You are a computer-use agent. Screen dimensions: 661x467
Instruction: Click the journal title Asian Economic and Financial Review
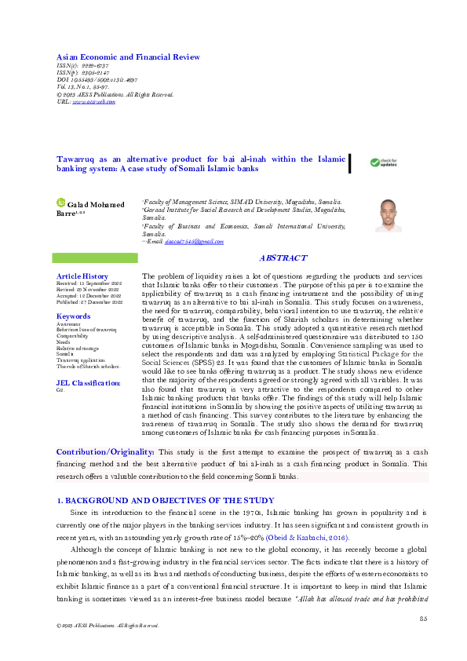coord(128,57)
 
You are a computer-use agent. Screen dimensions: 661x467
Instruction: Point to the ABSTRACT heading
coord(283,257)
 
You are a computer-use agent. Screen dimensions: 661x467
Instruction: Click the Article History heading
coord(82,276)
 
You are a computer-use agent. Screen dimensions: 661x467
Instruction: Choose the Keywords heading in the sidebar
coord(73,316)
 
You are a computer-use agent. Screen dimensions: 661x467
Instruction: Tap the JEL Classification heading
coord(89,382)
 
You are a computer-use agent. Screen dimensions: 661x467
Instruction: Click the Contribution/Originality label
coord(105,452)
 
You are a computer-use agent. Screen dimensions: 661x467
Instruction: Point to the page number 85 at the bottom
coord(422,620)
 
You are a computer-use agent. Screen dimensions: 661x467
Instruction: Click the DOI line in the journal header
coord(93,80)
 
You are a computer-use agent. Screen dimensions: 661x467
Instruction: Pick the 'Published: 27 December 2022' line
coord(89,301)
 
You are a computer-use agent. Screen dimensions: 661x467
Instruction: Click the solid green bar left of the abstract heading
coord(94,257)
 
